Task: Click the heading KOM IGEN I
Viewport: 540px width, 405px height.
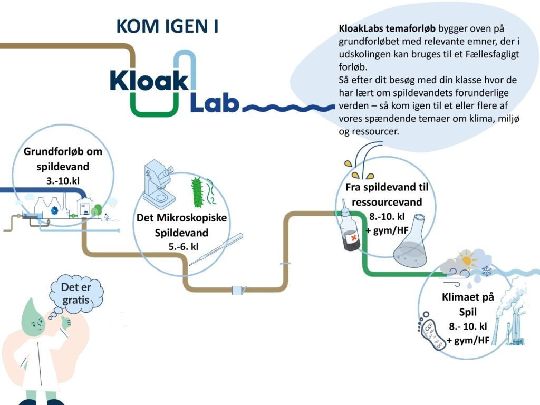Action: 167,26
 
